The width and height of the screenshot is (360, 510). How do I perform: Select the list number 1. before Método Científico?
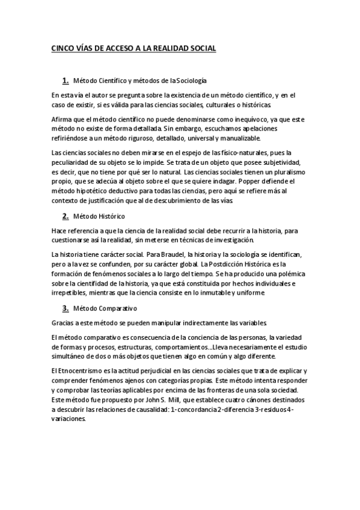pos(65,80)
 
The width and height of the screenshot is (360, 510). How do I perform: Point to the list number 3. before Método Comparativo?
pos(65,309)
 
